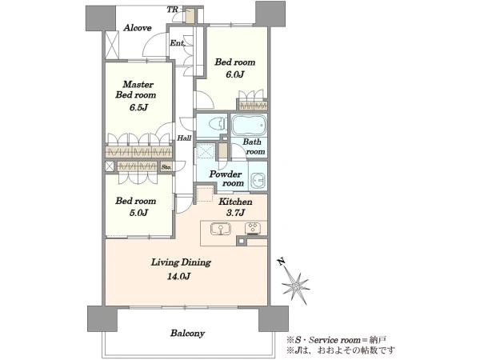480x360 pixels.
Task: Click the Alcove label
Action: [138, 28]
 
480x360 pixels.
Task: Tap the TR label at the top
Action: [172, 10]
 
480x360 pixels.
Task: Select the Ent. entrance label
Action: [178, 43]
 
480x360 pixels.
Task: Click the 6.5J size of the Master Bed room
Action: [138, 107]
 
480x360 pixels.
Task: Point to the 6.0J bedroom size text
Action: [234, 74]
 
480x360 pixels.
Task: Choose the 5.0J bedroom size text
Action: [138, 213]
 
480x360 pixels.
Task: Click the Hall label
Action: [184, 138]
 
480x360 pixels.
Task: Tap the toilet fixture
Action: [217, 125]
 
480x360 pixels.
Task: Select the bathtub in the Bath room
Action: [248, 125]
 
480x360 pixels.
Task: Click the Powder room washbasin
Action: [258, 181]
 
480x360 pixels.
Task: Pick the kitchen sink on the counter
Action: [221, 229]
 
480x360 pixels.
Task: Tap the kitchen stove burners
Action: [253, 228]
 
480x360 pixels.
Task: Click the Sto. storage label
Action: [166, 167]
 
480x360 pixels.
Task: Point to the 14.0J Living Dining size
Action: [178, 277]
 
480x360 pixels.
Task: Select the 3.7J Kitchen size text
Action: [235, 213]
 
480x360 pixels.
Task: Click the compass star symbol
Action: [296, 286]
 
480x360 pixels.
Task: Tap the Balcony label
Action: [187, 333]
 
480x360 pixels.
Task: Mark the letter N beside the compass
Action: [282, 262]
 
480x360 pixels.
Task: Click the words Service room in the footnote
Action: [334, 340]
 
